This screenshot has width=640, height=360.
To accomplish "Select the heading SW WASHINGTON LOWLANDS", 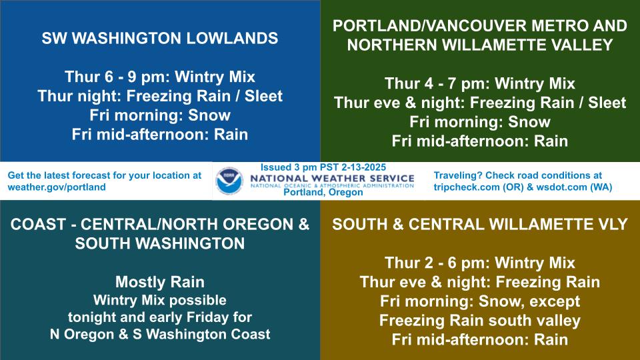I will (160, 38).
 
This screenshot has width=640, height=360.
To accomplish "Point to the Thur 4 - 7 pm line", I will (479, 84).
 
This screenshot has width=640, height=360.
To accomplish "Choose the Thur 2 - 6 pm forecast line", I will (479, 263).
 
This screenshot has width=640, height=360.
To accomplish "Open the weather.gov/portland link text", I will (57, 187).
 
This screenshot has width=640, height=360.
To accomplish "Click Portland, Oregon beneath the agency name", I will (323, 193).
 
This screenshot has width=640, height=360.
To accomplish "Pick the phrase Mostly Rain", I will (160, 281).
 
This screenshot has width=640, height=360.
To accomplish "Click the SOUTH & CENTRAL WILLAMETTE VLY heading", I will (479, 225).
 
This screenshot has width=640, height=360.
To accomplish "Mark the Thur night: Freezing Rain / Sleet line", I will (160, 95).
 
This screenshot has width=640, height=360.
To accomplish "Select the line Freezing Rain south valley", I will (479, 321).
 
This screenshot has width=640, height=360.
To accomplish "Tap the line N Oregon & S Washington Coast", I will (160, 335).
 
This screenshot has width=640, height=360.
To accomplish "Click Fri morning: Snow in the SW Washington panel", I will (160, 115).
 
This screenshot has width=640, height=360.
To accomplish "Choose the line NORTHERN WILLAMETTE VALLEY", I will (479, 45).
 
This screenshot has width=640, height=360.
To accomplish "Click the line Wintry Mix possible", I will (160, 299).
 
